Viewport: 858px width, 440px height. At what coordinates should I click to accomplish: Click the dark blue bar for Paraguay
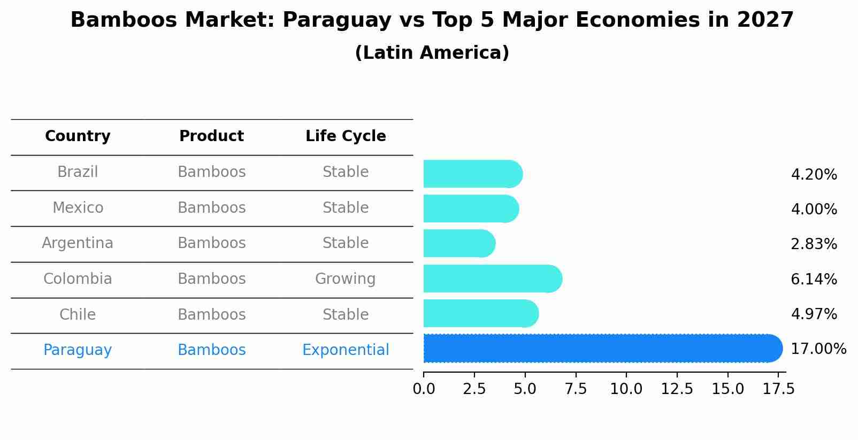click(602, 348)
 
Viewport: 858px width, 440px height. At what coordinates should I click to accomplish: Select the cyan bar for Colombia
click(492, 279)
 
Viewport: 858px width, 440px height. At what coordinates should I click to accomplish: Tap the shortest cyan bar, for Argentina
click(459, 243)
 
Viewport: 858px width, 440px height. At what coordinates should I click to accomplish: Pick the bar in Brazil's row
click(472, 174)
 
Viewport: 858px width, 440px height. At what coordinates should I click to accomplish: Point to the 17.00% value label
click(818, 349)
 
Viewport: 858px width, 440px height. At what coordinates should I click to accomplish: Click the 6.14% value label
click(813, 279)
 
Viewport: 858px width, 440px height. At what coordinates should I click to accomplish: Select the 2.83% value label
click(813, 244)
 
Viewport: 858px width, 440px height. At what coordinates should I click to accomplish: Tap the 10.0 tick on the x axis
click(626, 389)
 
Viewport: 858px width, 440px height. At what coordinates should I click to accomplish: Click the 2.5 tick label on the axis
click(474, 389)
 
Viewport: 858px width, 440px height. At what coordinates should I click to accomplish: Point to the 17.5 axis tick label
click(778, 389)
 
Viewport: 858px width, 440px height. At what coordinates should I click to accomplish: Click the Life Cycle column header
click(346, 136)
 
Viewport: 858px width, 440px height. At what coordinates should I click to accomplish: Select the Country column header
click(78, 136)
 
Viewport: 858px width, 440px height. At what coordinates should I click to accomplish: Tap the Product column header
click(211, 136)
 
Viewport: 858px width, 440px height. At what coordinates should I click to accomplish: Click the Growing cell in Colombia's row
click(345, 279)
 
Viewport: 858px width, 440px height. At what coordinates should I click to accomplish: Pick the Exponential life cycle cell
click(346, 350)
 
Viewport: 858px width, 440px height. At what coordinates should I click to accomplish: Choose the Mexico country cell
click(78, 207)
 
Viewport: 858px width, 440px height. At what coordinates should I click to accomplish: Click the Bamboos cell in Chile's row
click(211, 314)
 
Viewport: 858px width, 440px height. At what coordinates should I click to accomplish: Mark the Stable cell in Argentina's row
click(345, 243)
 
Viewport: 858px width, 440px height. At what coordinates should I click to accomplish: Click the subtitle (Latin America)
click(432, 53)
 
